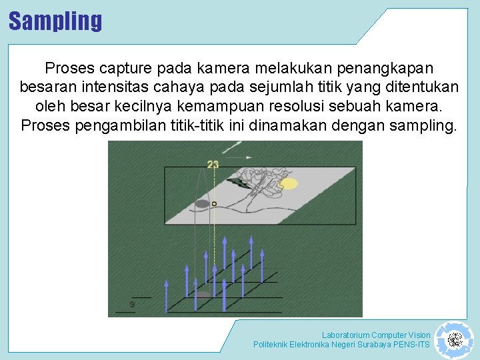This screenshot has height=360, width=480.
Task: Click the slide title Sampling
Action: tap(55, 21)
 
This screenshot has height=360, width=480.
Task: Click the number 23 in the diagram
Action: tap(213, 164)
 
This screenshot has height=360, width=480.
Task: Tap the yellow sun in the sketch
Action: tap(288, 183)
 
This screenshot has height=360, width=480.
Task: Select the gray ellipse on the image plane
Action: tap(202, 203)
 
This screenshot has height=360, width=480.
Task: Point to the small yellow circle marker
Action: tap(214, 203)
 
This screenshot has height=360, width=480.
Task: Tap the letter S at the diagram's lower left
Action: tap(132, 305)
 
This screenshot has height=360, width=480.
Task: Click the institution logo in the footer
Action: tap(454, 340)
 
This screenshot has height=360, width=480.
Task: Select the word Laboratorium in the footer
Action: tap(345, 335)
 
